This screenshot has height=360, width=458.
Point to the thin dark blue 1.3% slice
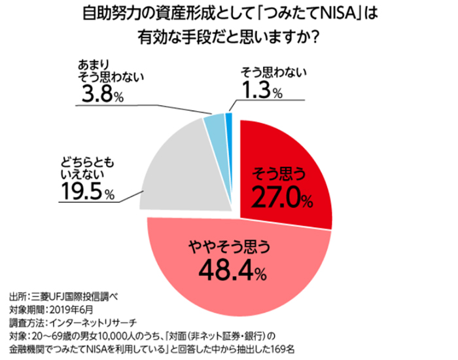tap(229, 118)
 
